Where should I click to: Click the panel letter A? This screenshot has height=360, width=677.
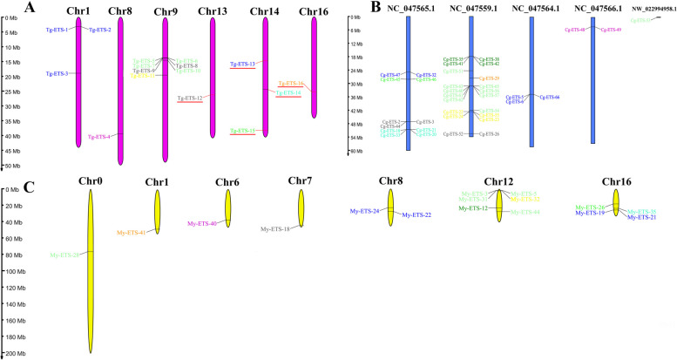point(30,9)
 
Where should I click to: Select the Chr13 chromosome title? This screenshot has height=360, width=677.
point(213,10)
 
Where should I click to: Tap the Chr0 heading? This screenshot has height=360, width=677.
point(90,180)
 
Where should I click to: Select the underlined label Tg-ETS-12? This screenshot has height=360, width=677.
point(189,98)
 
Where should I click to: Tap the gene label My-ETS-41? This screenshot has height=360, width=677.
point(132,233)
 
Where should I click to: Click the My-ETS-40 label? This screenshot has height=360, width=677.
point(201,224)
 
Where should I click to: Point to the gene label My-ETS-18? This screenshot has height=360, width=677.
point(275,228)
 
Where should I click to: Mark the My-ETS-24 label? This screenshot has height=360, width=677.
point(363,211)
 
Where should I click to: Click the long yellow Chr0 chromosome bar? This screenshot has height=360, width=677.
point(90,270)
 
